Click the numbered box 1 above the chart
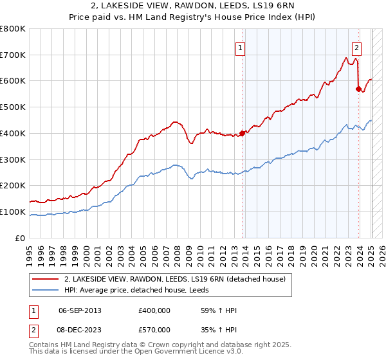(240, 47)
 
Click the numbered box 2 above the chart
(356, 47)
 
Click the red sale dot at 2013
(243, 133)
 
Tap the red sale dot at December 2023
(359, 89)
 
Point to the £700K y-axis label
(13, 55)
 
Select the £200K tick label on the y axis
(13, 186)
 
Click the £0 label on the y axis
(21, 239)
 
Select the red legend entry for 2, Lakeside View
(179, 279)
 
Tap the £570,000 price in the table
(154, 329)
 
